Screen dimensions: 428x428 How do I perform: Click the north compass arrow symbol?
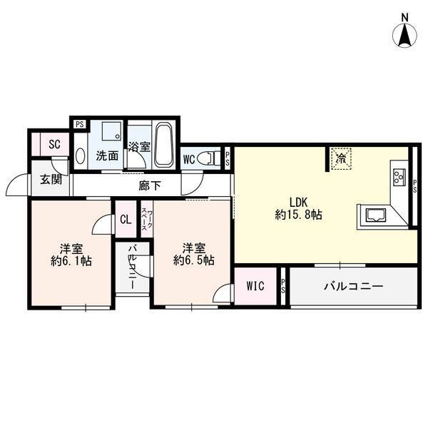coord(404,36)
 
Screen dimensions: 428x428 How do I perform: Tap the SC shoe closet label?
coord(55,144)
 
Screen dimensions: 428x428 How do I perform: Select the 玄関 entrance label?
coord(51,179)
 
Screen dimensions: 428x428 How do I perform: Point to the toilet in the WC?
coord(209,158)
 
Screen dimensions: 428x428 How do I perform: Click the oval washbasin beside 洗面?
coord(80,156)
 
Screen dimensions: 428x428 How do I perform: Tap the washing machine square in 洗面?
coord(111,131)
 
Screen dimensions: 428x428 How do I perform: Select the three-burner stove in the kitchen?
coord(399,177)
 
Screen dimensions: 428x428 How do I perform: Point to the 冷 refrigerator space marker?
coord(340,158)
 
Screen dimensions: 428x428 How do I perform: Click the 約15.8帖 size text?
coord(299,215)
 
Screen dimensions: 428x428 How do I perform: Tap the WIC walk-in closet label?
coord(255,286)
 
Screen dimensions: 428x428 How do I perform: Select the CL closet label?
coord(126,219)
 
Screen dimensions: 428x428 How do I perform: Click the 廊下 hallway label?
coord(150,185)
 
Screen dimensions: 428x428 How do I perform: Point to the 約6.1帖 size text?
coord(71,261)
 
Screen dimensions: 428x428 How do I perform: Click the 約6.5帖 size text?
coord(194,260)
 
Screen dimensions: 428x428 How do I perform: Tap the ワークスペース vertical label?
coord(147,220)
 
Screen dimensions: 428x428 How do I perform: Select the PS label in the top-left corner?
coord(80,124)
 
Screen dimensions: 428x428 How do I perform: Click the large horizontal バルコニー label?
coord(354,286)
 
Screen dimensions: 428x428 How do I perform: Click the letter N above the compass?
coord(405,18)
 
